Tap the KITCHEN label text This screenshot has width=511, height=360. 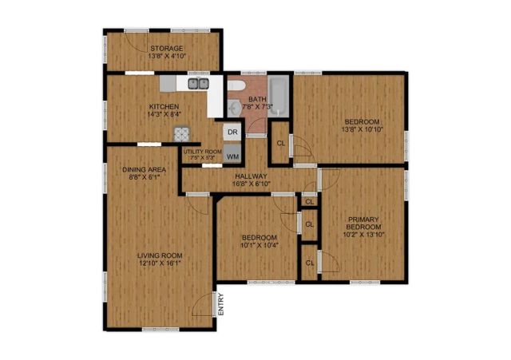[164, 105]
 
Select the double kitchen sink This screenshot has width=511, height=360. [199, 83]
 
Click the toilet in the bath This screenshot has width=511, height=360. [236, 89]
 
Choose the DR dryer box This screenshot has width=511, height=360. [232, 132]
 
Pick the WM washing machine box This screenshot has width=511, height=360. [232, 155]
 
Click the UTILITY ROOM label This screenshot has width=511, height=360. [202, 152]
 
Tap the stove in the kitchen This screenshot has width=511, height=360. [178, 136]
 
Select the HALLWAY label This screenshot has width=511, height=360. [250, 176]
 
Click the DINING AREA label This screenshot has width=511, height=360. [144, 169]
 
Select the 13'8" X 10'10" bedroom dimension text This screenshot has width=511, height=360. [362, 130]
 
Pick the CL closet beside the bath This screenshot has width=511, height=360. [280, 143]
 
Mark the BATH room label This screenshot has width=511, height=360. [257, 99]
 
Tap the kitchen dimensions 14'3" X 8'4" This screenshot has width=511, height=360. [164, 114]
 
